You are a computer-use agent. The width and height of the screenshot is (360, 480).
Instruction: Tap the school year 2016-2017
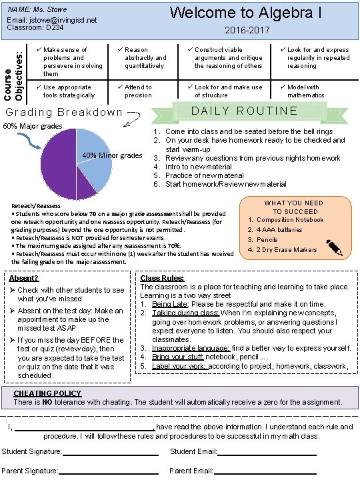pos(247,31)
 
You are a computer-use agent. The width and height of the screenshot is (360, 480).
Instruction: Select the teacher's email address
pos(52,20)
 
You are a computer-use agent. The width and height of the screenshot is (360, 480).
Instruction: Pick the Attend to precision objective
pos(138,91)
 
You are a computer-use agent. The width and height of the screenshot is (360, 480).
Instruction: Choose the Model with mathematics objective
pos(304,91)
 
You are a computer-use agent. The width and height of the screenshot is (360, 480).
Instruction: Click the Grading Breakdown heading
pos(63,113)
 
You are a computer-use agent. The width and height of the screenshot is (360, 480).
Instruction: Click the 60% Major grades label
pos(33,126)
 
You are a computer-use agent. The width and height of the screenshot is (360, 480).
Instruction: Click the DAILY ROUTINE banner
pos(245,111)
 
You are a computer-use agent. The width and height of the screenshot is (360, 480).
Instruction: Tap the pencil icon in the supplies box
pos(335,249)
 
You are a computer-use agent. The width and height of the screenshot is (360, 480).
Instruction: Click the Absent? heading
pos(23,278)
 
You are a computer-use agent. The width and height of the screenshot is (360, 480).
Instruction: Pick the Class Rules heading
pos(162,278)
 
